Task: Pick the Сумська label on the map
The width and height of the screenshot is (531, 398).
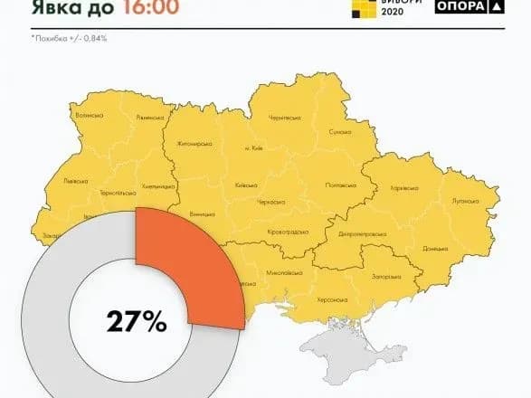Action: (x=339, y=131)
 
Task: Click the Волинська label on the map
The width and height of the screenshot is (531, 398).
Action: (x=88, y=116)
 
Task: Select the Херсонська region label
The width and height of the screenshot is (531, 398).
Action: (x=330, y=298)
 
